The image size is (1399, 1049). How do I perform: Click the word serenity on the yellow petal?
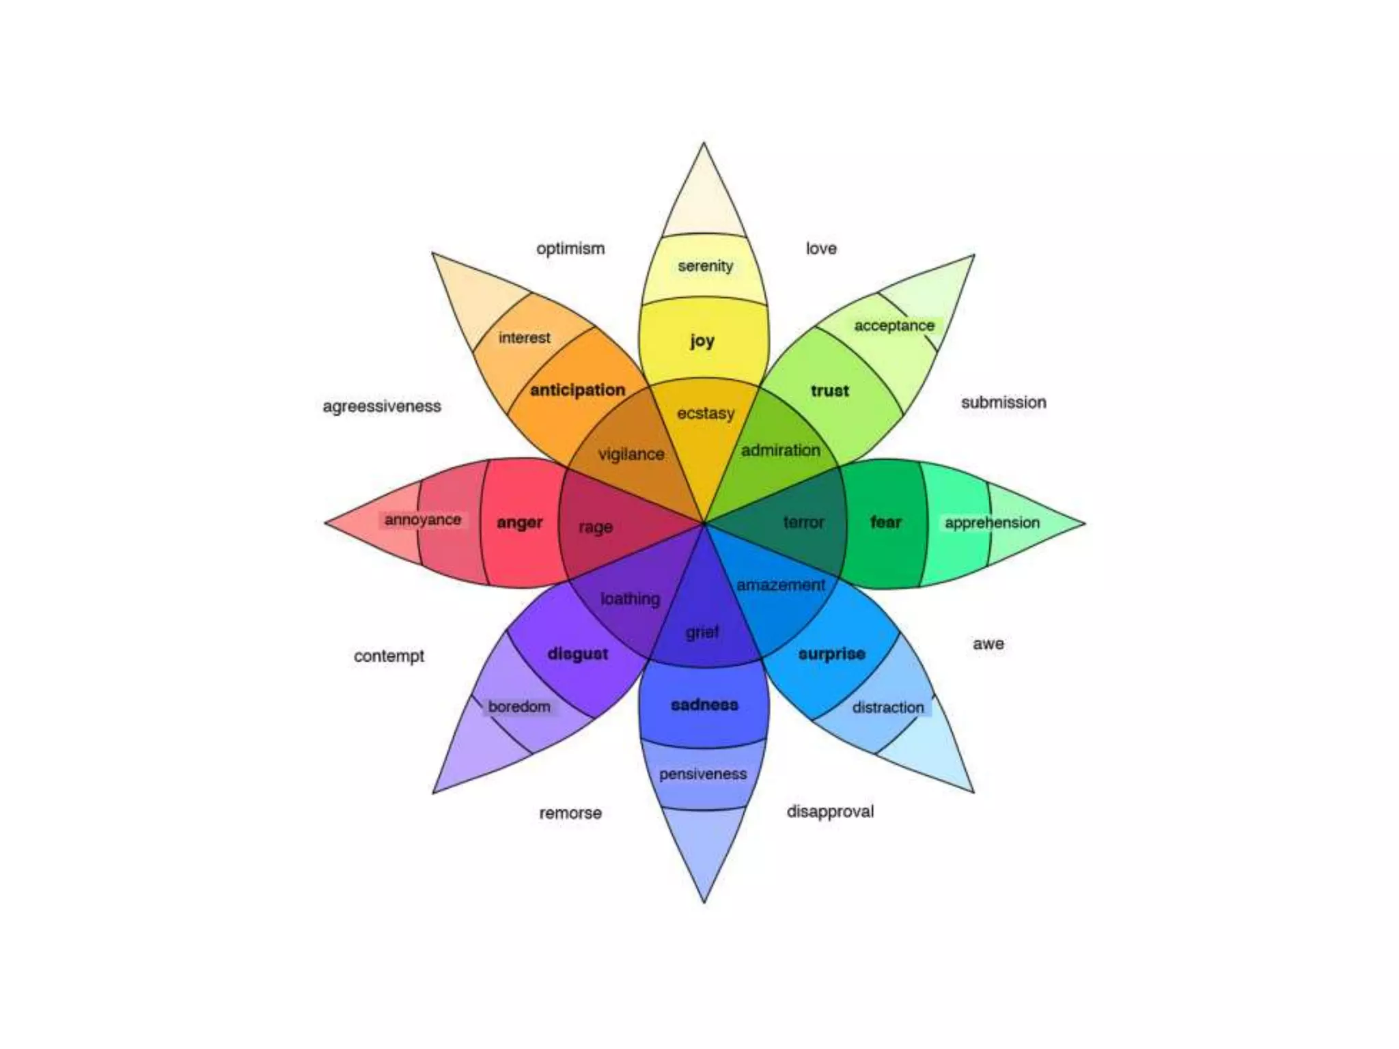(x=705, y=266)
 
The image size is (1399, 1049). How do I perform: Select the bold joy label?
(x=702, y=340)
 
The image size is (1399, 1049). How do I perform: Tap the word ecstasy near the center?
(x=706, y=413)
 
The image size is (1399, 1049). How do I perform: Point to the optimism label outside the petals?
(x=570, y=249)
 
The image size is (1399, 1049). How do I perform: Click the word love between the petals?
(x=820, y=249)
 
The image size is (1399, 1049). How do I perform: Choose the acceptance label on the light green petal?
(x=894, y=326)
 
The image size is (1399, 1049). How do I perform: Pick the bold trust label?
(x=829, y=391)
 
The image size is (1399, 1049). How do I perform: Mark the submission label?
(x=1003, y=402)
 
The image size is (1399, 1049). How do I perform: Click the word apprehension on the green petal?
(x=992, y=522)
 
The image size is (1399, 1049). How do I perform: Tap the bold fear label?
(x=885, y=522)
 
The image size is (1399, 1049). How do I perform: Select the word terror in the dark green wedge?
(x=803, y=522)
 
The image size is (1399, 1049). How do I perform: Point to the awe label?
(x=988, y=644)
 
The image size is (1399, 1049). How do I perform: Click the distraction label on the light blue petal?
(x=887, y=708)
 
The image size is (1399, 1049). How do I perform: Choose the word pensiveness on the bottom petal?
(x=703, y=774)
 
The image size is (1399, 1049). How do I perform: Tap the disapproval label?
(x=830, y=811)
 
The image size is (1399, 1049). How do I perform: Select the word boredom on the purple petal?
(x=519, y=706)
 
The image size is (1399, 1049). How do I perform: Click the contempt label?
(x=389, y=656)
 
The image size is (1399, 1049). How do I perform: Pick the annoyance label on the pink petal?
(x=422, y=520)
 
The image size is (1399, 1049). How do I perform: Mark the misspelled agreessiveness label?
(x=382, y=406)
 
